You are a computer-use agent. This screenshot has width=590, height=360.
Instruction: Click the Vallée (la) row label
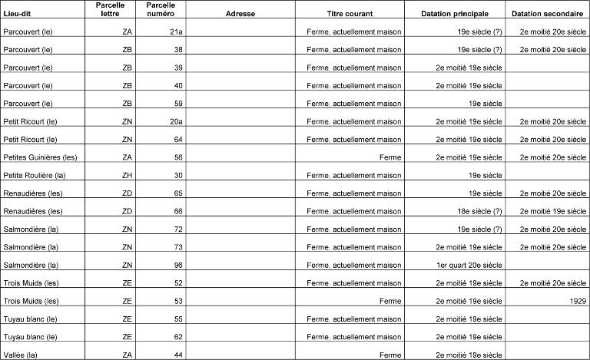click(20, 355)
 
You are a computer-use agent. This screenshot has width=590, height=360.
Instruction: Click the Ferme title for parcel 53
click(390, 301)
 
